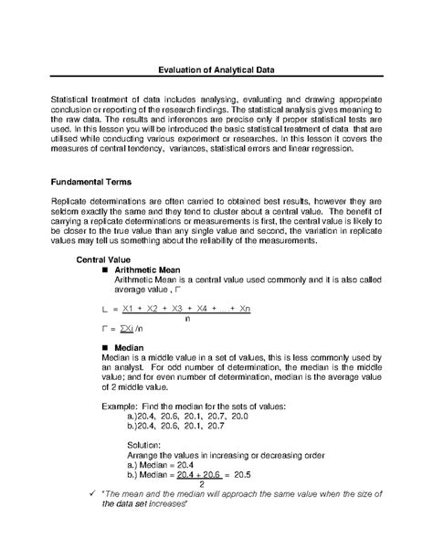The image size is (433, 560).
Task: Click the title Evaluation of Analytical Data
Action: [x=216, y=69]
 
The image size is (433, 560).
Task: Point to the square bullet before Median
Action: [x=108, y=348]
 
